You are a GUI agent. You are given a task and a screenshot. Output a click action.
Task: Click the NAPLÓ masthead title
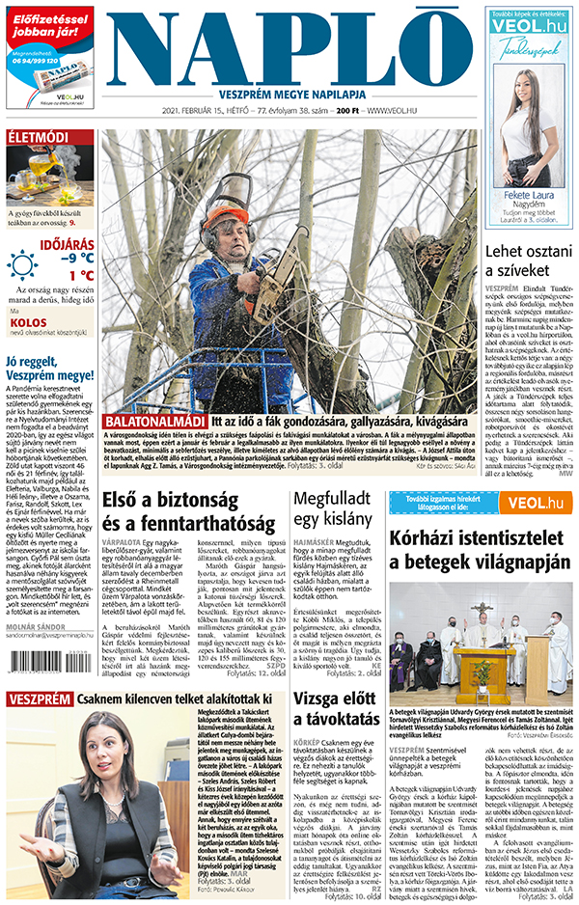(289, 45)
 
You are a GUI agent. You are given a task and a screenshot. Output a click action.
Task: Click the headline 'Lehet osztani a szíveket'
(529, 261)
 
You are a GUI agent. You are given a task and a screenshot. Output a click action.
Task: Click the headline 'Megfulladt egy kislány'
(333, 511)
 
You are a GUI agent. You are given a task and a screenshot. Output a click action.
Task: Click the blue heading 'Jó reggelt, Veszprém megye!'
(49, 370)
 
